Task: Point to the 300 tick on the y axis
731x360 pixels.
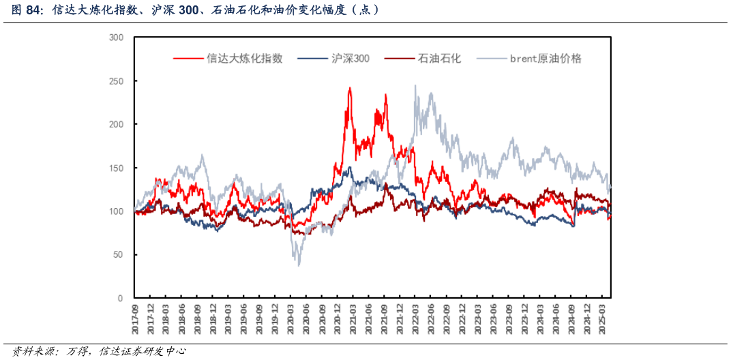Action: click(116, 37)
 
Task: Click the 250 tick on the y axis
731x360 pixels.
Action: click(116, 81)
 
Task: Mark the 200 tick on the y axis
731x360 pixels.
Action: click(116, 124)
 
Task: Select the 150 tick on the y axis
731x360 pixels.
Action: click(116, 168)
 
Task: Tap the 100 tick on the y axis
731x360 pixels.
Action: click(116, 211)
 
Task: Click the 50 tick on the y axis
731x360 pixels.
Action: click(118, 255)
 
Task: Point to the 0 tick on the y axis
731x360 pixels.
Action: click(120, 299)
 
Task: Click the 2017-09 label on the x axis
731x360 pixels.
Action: click(135, 316)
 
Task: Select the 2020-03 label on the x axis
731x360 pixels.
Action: click(291, 316)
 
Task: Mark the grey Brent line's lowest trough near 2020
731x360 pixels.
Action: click(299, 265)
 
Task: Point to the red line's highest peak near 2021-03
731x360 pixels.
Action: click(350, 87)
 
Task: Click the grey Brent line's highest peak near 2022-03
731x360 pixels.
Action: click(415, 86)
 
